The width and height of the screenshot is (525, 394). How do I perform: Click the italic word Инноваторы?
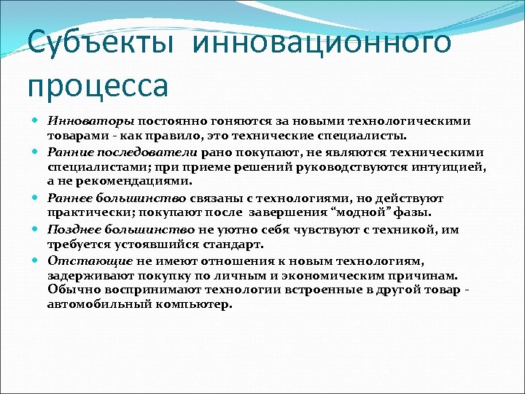[80, 120]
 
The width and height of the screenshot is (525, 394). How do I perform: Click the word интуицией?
[452, 166]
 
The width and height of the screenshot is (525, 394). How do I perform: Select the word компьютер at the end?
[190, 304]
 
